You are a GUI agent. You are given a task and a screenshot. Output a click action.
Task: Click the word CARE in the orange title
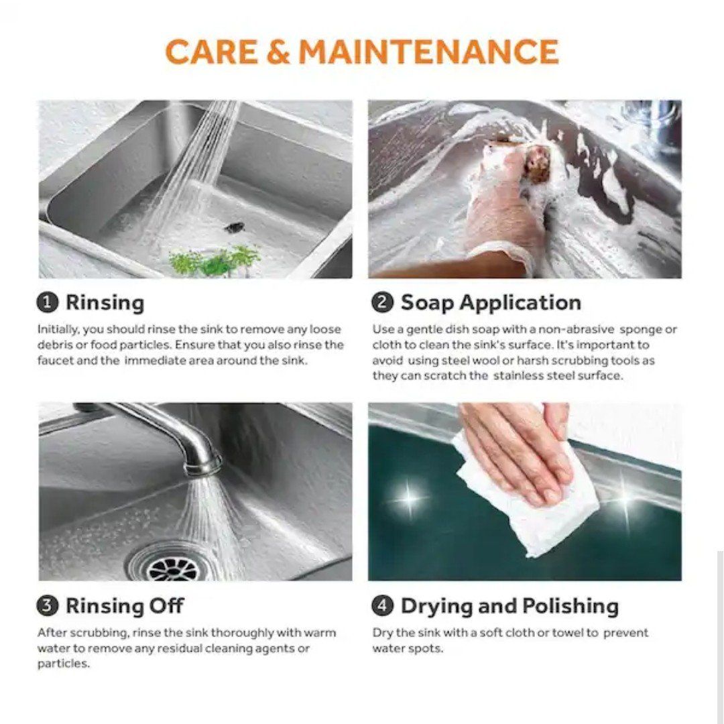(x=212, y=51)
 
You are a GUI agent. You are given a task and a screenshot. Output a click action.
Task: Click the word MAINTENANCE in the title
(x=429, y=51)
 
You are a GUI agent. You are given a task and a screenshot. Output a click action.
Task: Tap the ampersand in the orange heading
(x=279, y=51)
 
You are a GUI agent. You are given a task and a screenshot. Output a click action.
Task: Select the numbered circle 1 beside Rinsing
(x=48, y=304)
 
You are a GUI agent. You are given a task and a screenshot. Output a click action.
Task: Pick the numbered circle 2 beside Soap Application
(x=382, y=304)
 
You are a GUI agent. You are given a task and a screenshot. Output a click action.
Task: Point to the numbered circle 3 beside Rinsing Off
(x=48, y=606)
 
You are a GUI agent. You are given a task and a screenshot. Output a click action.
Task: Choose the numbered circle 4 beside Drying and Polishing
(x=382, y=606)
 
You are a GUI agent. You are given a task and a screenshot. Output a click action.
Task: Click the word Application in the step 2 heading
(x=520, y=304)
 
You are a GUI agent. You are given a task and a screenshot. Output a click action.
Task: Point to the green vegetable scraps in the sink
(x=215, y=260)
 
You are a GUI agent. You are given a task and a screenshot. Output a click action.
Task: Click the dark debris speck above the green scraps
(x=235, y=227)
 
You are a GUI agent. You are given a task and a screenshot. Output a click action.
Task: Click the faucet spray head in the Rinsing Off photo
(x=203, y=463)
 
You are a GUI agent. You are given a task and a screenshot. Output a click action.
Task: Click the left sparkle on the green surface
(x=409, y=497)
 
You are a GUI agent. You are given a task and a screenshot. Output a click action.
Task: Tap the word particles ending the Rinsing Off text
(x=64, y=664)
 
